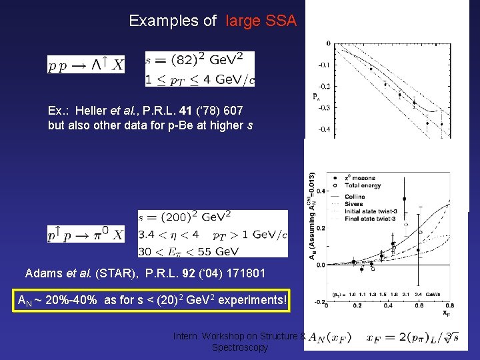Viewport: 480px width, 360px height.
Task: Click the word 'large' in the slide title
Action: (x=243, y=21)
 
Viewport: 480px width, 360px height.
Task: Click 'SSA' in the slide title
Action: (x=281, y=21)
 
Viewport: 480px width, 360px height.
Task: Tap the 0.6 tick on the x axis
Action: (x=417, y=306)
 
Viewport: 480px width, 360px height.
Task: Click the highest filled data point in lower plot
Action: (x=405, y=199)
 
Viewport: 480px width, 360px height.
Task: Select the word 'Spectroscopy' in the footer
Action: (x=239, y=347)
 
